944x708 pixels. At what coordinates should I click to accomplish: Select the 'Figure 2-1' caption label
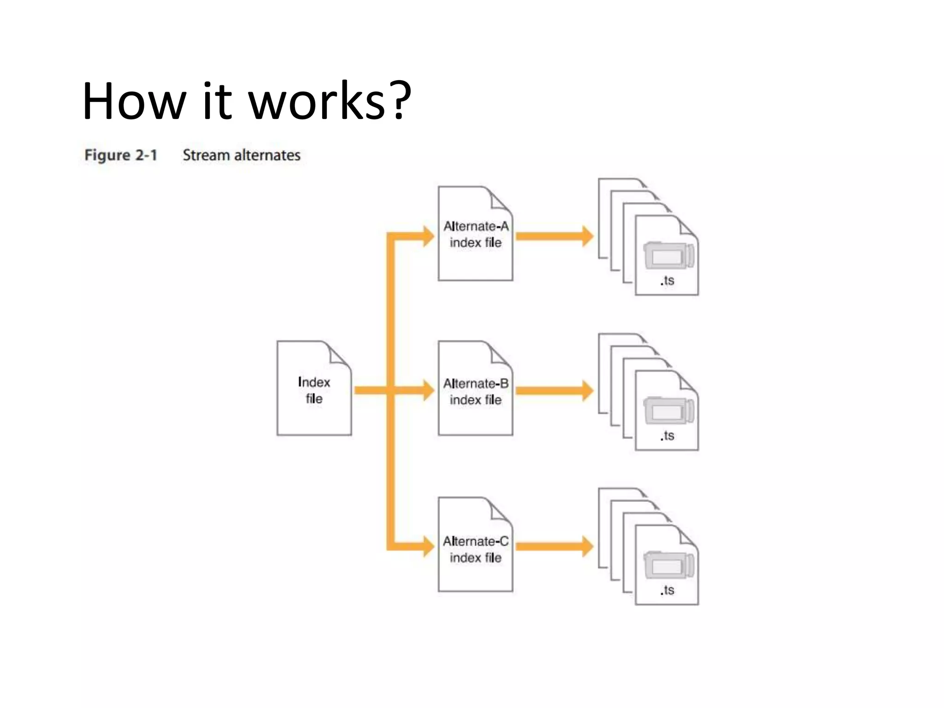121,155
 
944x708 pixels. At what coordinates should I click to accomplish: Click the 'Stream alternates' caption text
242,155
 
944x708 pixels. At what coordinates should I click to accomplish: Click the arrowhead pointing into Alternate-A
428,236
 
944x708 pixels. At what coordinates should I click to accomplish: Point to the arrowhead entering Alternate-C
428,547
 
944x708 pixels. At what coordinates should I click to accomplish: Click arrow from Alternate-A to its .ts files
553,236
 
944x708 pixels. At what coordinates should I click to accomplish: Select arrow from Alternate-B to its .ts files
553,391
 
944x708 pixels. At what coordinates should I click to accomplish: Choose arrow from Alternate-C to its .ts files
553,547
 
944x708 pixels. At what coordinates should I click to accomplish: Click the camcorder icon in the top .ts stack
669,255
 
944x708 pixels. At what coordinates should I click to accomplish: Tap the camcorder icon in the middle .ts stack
669,410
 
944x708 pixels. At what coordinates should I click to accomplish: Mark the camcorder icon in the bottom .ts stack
669,565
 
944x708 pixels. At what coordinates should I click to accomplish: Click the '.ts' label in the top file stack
667,281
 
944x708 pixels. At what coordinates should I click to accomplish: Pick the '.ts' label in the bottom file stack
667,590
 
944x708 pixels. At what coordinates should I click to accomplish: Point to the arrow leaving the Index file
371,391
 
